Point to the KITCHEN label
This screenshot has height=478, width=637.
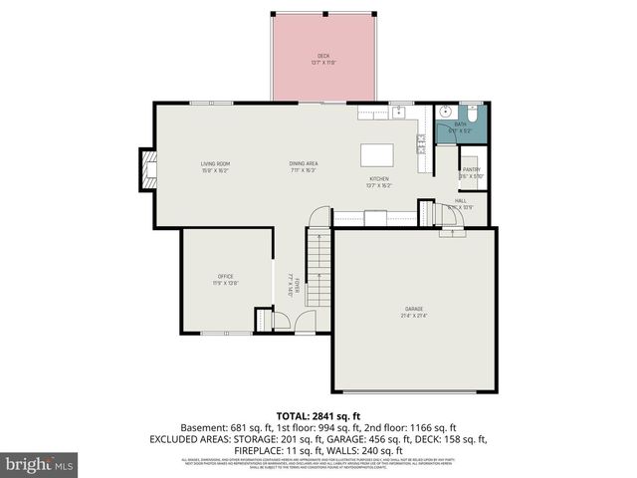pos(378,179)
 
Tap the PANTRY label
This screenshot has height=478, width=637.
pos(471,170)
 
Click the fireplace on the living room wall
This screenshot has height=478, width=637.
pos(147,169)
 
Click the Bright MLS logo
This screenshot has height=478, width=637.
pos(40,463)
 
